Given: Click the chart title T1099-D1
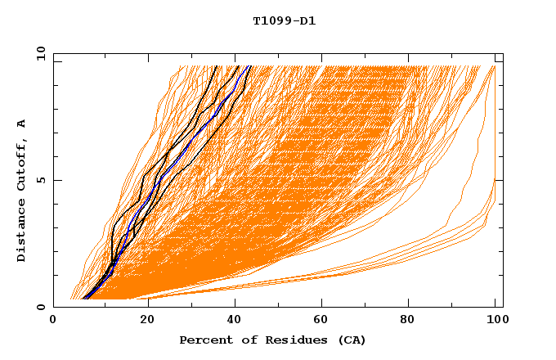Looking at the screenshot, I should [284, 20].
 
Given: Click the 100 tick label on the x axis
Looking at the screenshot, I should [495, 321].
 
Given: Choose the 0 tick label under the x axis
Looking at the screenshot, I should [54, 321].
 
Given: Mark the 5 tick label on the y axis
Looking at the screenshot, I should [40, 180].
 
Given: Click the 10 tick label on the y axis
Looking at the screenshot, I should [37, 53].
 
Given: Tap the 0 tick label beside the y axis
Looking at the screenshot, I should [40, 307].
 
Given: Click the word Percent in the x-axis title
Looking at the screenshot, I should [204, 340].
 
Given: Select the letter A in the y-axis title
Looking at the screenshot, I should [21, 124].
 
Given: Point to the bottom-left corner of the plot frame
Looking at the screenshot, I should [54, 307].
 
